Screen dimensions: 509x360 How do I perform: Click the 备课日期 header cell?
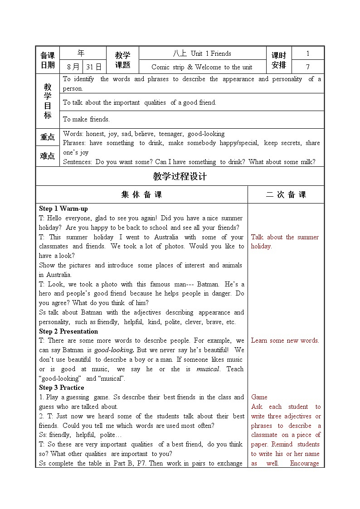[48, 60]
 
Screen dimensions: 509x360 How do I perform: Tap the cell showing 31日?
[94, 67]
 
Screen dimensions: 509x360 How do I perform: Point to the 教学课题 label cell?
[122, 60]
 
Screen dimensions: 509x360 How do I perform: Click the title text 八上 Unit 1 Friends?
[202, 53]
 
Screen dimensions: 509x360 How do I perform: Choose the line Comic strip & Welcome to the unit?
[202, 67]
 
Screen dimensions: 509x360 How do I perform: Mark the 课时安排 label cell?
[279, 60]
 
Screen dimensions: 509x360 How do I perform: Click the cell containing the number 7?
[308, 67]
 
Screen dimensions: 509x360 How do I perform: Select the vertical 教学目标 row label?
[48, 101]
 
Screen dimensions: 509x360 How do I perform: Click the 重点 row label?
[48, 137]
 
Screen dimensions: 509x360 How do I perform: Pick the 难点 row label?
[48, 156]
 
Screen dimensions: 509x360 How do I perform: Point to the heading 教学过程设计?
[180, 176]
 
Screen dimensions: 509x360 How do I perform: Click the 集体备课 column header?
[141, 194]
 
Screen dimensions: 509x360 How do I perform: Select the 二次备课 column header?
[286, 194]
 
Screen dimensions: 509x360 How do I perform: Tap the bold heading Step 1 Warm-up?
[63, 209]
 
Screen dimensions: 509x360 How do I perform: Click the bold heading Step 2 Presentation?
[68, 331]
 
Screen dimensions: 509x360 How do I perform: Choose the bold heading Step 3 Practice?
[62, 388]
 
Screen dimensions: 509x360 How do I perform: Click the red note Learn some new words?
[285, 340]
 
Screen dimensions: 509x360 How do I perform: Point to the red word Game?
[259, 397]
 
